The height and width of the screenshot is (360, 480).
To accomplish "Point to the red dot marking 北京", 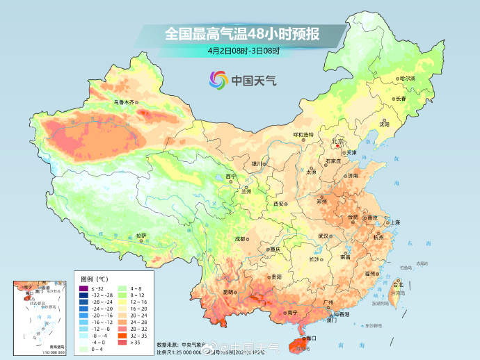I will tap(337, 145).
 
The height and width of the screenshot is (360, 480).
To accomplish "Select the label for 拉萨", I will tap(141, 236).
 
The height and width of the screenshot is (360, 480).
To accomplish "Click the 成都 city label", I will tap(240, 238).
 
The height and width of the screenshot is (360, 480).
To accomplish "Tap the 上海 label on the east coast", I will tap(394, 222).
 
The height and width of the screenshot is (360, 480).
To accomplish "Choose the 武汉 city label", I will tap(323, 236).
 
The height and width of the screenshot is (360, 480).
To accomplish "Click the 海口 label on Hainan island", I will tap(308, 338).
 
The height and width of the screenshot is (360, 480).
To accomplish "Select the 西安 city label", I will tap(279, 204).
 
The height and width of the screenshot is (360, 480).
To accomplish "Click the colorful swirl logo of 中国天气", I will tap(218, 80).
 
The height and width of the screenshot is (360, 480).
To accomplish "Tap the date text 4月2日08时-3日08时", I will tap(243, 50).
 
